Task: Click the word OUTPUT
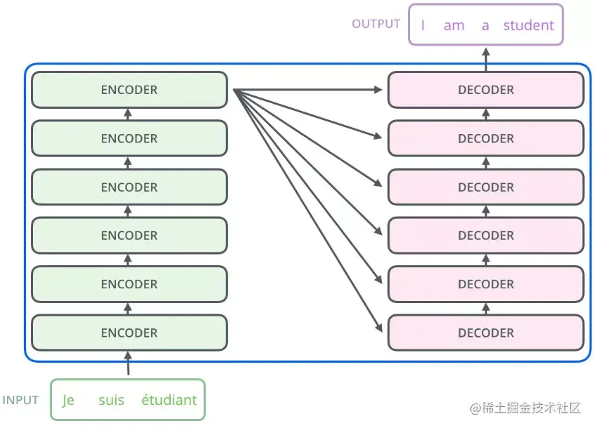[376, 24]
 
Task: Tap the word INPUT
[20, 400]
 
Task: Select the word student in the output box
[529, 25]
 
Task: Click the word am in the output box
[454, 26]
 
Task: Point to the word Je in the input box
[68, 401]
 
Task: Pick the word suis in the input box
[112, 400]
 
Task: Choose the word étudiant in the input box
[169, 400]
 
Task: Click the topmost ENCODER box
[130, 90]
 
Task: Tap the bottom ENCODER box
[130, 333]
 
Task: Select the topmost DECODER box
[486, 90]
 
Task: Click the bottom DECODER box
[486, 333]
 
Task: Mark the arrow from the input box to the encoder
[128, 363]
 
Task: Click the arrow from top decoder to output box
[486, 59]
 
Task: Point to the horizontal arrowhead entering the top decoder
[378, 90]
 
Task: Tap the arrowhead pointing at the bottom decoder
[378, 327]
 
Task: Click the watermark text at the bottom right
[525, 408]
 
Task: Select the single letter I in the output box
[423, 25]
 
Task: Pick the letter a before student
[485, 26]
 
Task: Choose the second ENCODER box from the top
[130, 138]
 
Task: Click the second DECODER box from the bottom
[486, 284]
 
